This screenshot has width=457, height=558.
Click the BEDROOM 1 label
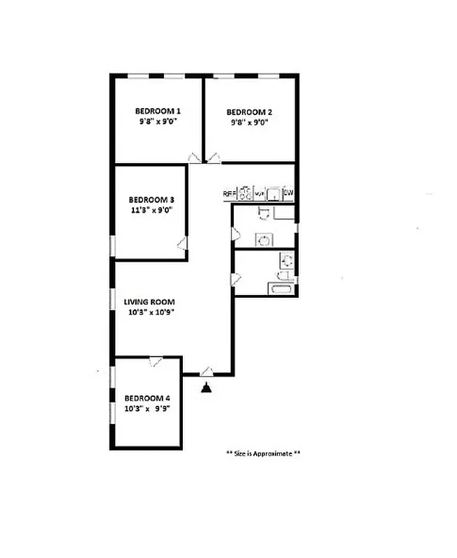coord(158,111)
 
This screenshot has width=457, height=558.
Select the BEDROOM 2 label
coord(249,112)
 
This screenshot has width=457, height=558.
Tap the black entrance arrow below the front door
coord(207,387)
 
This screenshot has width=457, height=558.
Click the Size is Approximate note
coord(264,453)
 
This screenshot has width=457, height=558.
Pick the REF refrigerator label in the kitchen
coord(229,193)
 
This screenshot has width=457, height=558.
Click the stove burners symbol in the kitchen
coord(245,193)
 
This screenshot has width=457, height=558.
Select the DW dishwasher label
coord(289,193)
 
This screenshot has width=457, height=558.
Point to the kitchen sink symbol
coord(274,193)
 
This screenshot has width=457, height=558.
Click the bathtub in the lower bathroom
coord(281,289)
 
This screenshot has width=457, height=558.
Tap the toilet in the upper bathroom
coord(262,212)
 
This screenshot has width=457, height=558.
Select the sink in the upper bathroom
coord(264,239)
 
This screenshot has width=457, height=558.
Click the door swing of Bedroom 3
coord(182,243)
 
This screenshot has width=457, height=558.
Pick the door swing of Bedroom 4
coord(156,361)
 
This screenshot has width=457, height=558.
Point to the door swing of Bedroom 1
coord(195,158)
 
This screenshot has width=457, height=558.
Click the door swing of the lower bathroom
coord(236,279)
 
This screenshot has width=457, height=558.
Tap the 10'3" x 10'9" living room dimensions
coord(149,312)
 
